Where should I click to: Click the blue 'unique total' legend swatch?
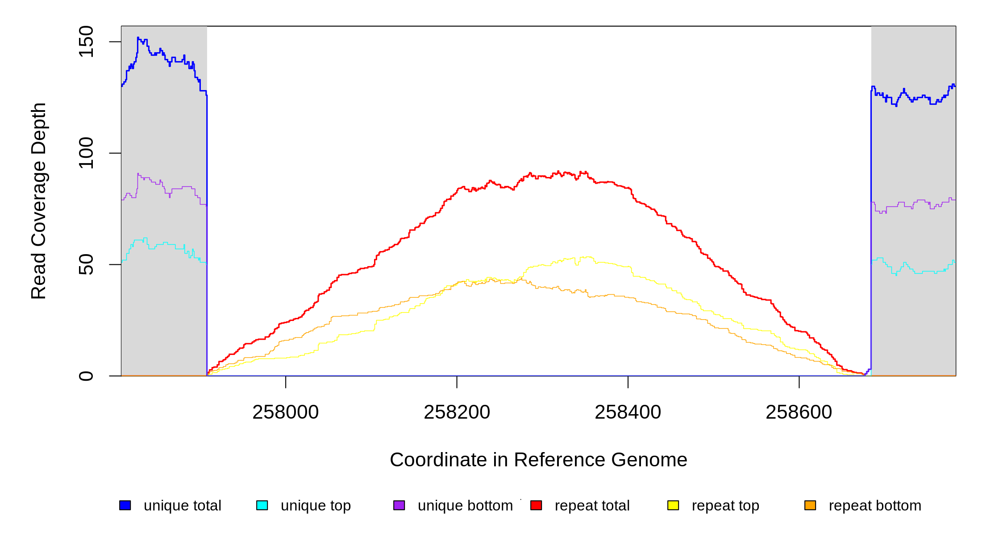coord(125,505)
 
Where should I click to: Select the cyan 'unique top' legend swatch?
coord(262,505)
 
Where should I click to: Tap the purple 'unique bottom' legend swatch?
coord(399,505)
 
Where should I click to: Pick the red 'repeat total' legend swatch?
coord(536,505)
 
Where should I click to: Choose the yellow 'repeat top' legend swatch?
coord(673,505)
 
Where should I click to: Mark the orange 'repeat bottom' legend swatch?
coord(810,505)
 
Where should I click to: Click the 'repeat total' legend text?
coord(592,506)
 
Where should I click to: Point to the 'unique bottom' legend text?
coord(465,506)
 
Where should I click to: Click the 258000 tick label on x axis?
coord(286,412)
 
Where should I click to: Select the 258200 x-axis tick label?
coord(457,412)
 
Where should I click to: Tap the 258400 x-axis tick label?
coord(628,412)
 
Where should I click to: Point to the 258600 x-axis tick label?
coord(799,412)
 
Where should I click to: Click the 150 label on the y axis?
coord(86,41)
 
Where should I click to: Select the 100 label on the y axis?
coord(86,153)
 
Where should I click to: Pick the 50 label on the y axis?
coord(86,264)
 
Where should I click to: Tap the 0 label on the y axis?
coord(86,376)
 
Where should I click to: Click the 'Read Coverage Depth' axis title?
coord(39,201)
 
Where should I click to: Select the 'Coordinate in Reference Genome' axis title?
coord(538,460)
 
